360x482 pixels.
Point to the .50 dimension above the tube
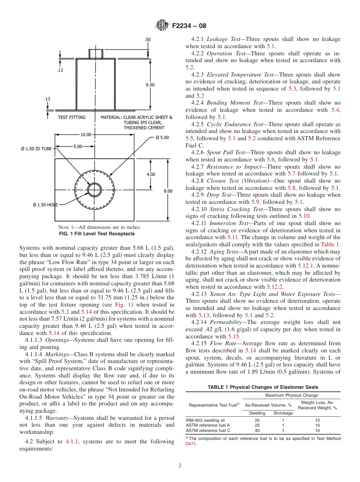[x=147, y=39]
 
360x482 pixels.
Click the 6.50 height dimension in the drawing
[x=150, y=85]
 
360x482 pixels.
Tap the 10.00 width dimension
[x=86, y=135]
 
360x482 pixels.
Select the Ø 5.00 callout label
[x=162, y=137]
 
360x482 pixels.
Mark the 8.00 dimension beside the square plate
[x=168, y=191]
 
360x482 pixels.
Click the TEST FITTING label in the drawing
[x=72, y=117]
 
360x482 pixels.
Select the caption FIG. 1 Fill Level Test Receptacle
[x=97, y=234]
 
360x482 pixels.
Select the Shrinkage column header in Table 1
[x=283, y=413]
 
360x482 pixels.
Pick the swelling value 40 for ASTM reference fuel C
[x=257, y=430]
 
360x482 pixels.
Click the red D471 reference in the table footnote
[x=191, y=444]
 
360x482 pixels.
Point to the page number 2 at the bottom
[x=180, y=466]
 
